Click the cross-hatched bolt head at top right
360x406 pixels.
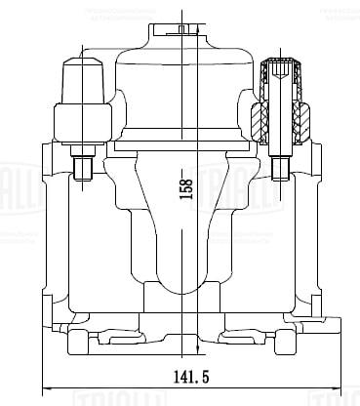point(283,70)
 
